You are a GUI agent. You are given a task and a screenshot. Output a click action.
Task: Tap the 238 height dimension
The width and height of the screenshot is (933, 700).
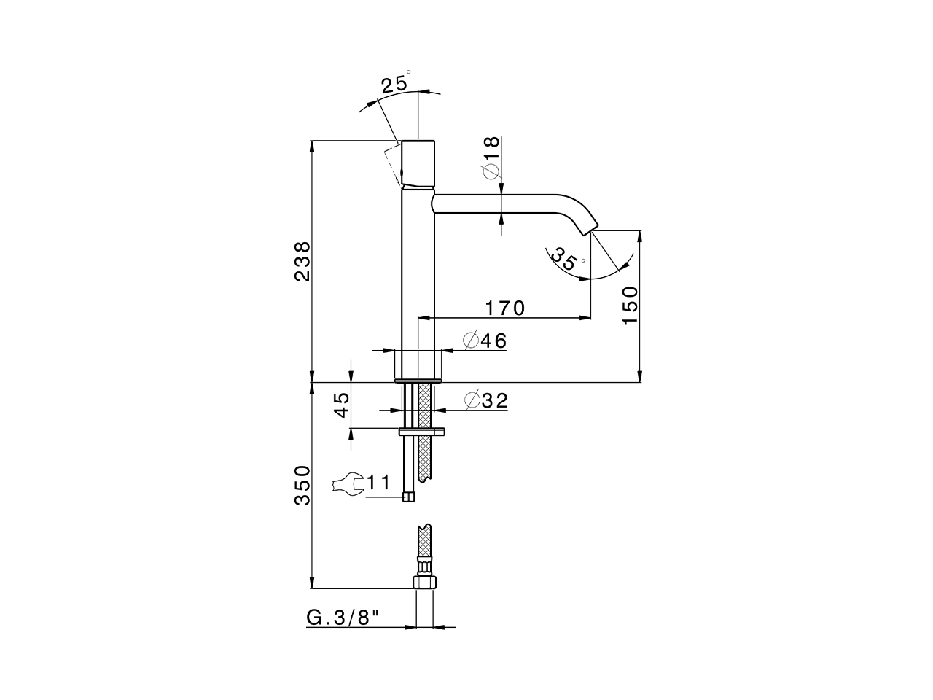(302, 261)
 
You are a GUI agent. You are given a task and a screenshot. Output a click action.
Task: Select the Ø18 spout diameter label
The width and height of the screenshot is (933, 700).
(491, 157)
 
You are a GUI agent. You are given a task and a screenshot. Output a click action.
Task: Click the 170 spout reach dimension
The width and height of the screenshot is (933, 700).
(504, 308)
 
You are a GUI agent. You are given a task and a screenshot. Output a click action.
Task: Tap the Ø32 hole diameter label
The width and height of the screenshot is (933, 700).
(485, 400)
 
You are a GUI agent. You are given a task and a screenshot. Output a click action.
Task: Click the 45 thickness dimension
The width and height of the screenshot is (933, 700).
(342, 405)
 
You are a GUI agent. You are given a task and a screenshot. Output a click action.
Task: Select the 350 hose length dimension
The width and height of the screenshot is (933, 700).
(302, 485)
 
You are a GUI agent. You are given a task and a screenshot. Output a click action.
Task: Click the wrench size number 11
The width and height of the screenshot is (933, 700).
(378, 482)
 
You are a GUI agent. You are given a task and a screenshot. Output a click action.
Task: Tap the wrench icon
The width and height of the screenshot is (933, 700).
(348, 483)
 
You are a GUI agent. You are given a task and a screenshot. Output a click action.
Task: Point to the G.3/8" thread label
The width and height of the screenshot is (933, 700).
(343, 618)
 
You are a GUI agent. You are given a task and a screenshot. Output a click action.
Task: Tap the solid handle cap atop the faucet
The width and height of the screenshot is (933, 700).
(418, 162)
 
